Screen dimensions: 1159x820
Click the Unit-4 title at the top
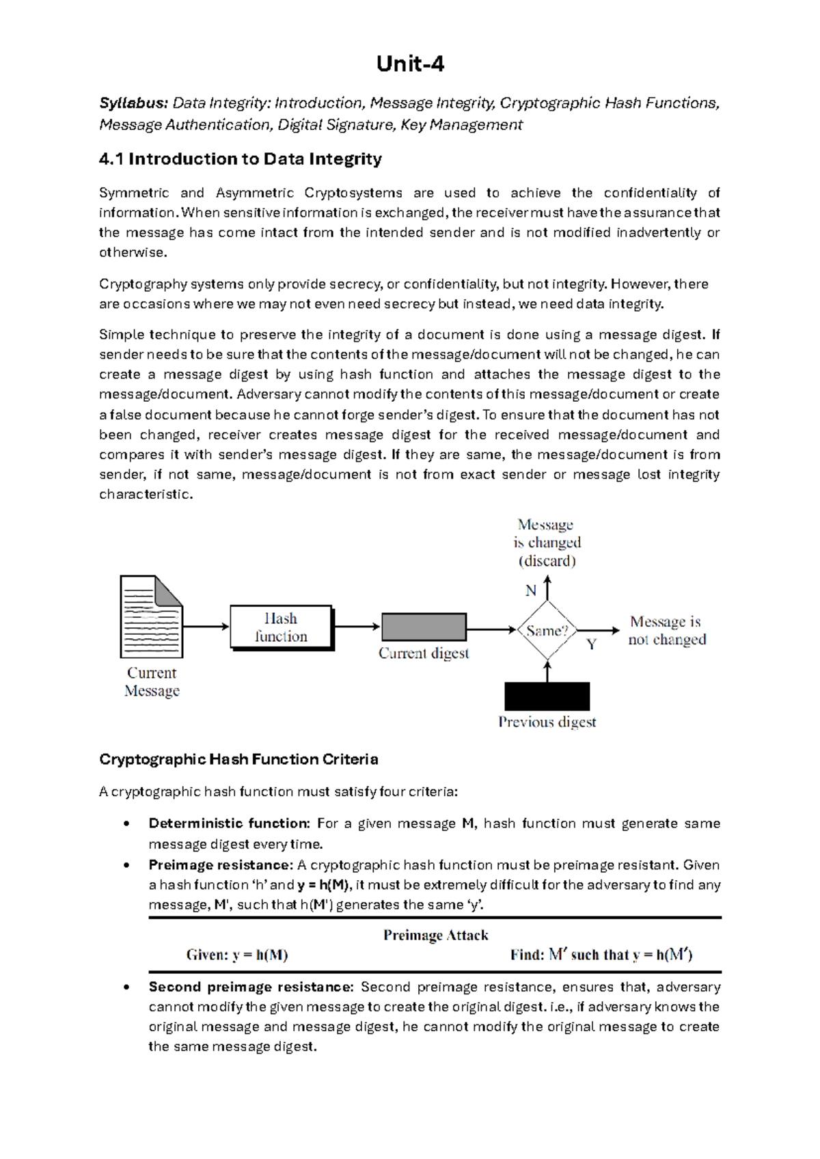click(x=410, y=64)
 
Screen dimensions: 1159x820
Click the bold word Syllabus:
click(x=133, y=103)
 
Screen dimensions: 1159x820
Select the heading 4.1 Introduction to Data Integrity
click(x=240, y=159)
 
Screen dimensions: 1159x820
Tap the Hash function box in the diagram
click(x=281, y=627)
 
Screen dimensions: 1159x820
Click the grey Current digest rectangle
click(x=424, y=627)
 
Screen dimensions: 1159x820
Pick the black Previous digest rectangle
click(x=547, y=696)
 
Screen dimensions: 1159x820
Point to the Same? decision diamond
click(x=547, y=630)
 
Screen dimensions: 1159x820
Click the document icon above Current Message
click(x=151, y=616)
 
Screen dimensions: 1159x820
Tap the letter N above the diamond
click(x=531, y=590)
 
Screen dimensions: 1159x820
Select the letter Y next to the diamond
click(x=592, y=644)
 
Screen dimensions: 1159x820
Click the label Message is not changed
click(x=667, y=631)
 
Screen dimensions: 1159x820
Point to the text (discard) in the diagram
click(x=547, y=561)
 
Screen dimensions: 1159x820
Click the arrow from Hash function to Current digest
click(x=357, y=627)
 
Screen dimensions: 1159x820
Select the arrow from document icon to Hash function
click(x=206, y=627)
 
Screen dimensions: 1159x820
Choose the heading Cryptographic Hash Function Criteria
click(x=238, y=759)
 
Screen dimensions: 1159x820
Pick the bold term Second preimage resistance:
click(x=251, y=987)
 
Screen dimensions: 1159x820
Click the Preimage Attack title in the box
click(x=435, y=935)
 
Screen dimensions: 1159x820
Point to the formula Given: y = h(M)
click(x=236, y=955)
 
